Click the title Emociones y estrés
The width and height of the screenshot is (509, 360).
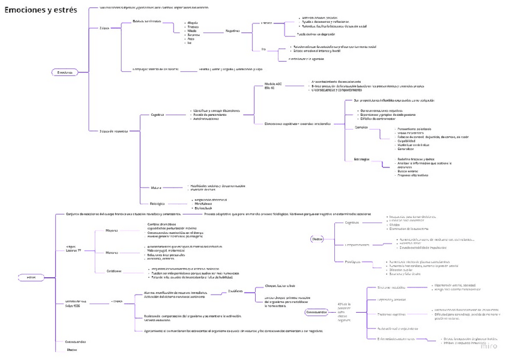(x=41, y=10)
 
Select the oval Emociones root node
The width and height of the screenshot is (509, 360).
(x=65, y=73)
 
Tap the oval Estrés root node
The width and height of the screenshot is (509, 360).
(x=31, y=277)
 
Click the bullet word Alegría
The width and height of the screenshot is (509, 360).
(x=193, y=22)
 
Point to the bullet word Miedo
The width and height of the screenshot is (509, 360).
(x=193, y=31)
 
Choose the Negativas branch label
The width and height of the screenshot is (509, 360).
(x=232, y=31)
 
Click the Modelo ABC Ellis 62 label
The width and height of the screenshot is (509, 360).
(x=273, y=86)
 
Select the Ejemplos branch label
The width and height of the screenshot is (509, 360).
(x=361, y=127)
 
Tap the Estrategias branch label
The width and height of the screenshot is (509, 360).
(x=363, y=159)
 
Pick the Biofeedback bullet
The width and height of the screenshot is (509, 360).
(x=202, y=208)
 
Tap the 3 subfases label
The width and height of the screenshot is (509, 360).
(x=235, y=290)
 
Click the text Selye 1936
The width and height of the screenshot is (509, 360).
(x=73, y=305)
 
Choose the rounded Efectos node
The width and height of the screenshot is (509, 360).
(x=318, y=238)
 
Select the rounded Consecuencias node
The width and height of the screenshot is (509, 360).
(x=316, y=312)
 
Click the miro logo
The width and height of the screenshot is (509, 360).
(x=489, y=346)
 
